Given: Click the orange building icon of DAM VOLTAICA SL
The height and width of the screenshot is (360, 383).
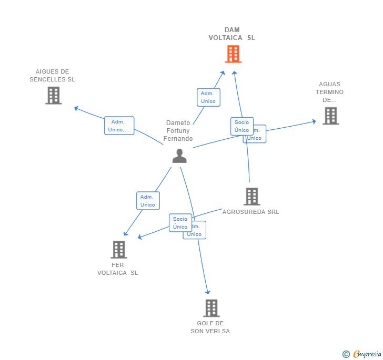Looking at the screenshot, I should tap(233, 54).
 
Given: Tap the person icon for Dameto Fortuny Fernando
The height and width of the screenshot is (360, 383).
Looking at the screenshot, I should tap(179, 156).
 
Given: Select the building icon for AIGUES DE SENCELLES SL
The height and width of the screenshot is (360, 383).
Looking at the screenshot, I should tap(53, 96).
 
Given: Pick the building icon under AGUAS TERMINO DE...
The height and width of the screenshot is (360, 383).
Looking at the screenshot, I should tap(330, 116).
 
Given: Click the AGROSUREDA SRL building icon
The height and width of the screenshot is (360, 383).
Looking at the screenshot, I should tap(252, 197).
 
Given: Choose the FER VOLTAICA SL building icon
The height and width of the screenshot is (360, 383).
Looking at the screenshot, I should tap(119, 249).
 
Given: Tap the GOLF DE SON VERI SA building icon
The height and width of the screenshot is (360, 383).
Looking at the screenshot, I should tap(211, 308).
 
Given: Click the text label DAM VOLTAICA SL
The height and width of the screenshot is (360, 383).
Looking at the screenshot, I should tap(232, 34).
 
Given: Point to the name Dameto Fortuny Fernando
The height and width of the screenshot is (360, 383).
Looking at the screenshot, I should tap(178, 131).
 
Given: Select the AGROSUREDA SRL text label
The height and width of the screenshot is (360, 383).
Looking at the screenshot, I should tap(250, 212).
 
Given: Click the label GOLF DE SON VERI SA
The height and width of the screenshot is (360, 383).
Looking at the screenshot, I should tap(210, 327).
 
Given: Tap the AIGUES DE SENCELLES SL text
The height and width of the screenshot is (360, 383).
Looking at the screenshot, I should tap(53, 75).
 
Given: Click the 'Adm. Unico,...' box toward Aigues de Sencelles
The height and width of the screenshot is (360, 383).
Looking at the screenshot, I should tap(119, 126).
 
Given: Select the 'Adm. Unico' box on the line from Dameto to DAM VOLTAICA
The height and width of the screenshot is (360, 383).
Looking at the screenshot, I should tap(208, 97).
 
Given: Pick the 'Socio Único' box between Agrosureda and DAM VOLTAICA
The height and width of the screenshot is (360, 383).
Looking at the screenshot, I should tap(241, 126).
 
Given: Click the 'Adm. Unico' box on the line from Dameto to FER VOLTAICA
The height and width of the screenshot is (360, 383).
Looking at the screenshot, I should tap(148, 201).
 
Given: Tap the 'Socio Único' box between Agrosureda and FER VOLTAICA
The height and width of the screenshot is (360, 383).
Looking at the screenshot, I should tap(180, 223).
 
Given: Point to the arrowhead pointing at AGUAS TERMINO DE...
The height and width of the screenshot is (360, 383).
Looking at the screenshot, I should tap(314, 121).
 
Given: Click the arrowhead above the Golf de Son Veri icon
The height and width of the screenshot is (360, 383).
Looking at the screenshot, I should tap(208, 292).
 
